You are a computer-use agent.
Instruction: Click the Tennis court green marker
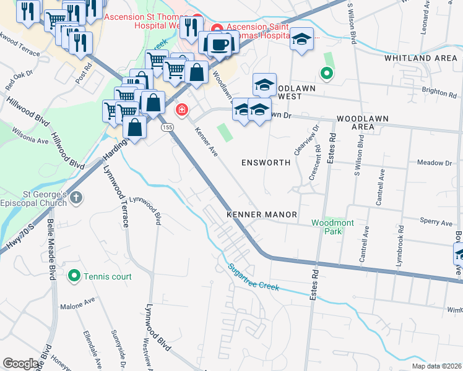click(74, 276)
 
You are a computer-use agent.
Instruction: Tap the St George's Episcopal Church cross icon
click(76, 198)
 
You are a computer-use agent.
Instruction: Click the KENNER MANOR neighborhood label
click(262, 215)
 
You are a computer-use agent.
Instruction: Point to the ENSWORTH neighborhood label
click(266, 163)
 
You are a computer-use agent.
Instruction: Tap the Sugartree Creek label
click(254, 278)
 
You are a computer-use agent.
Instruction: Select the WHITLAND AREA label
click(420, 58)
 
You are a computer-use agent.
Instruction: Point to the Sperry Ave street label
click(436, 221)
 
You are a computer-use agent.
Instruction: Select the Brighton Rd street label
click(438, 92)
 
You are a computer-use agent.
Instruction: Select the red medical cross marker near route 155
click(181, 110)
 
